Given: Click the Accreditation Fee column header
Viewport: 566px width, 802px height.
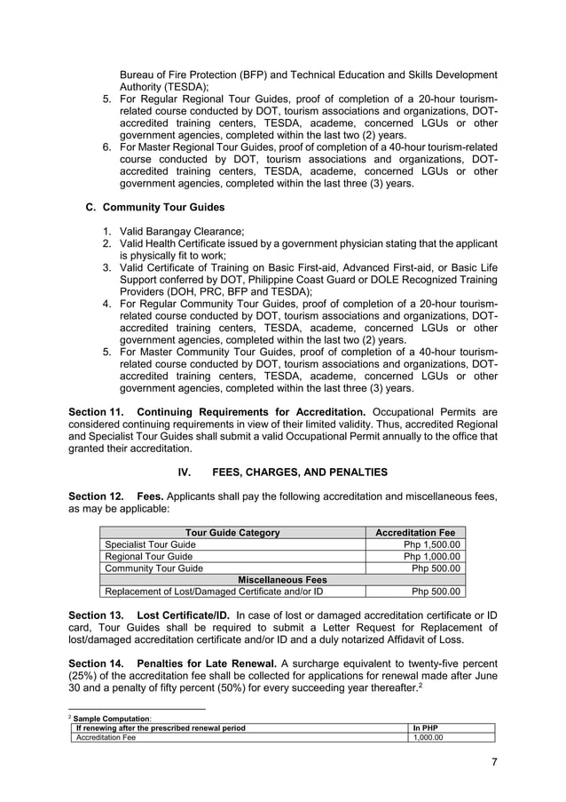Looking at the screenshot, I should (415, 533).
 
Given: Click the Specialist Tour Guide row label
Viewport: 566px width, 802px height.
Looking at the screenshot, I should (151, 544).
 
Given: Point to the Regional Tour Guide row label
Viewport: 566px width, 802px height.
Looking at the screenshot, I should (148, 557).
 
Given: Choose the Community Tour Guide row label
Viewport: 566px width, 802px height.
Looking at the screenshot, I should (153, 568).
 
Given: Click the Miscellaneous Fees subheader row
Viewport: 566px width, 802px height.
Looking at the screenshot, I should (281, 580).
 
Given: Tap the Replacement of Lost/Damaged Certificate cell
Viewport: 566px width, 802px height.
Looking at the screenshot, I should (214, 592).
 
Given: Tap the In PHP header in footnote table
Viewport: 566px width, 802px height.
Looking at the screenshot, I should (426, 727).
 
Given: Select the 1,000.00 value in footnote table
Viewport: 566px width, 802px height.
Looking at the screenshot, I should (428, 737).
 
